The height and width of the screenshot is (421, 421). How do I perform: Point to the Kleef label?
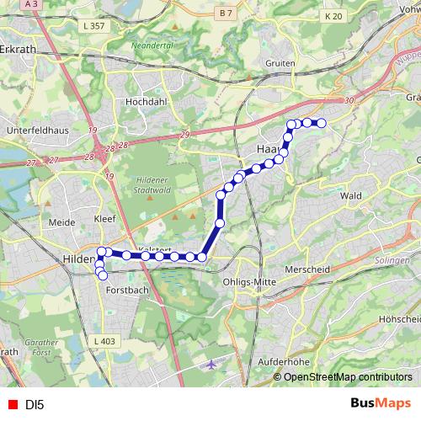(104, 217)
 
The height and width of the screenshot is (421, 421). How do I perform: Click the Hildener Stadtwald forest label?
(155, 184)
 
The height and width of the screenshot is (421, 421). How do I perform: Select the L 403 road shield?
(104, 340)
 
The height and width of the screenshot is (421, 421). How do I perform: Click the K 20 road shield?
(333, 16)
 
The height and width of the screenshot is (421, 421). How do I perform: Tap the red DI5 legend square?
(13, 405)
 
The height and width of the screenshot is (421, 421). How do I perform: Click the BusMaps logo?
(381, 403)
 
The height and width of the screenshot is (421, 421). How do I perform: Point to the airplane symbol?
(210, 365)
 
